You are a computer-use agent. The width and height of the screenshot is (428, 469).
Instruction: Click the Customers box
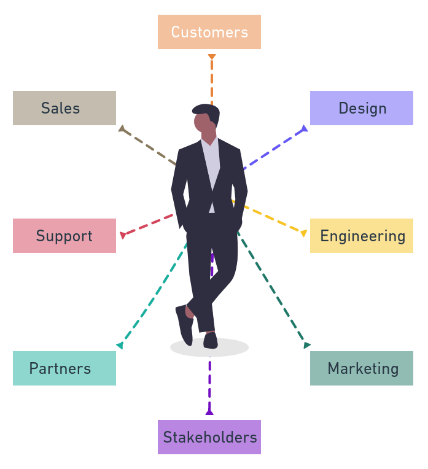[209, 32]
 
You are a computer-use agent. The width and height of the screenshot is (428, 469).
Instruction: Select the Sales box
[64, 108]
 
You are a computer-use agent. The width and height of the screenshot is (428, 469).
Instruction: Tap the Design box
[362, 108]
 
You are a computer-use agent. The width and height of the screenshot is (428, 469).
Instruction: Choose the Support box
[64, 236]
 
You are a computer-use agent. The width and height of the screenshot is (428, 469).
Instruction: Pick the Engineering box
[362, 236]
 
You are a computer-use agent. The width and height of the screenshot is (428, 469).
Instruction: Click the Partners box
[64, 368]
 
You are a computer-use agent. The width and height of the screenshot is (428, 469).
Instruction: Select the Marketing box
[362, 368]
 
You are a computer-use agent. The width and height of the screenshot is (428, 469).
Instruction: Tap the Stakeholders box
[209, 437]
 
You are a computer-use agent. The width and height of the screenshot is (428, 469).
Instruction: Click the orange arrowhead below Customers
[212, 58]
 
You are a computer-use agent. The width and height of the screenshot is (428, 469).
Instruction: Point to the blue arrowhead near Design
[303, 128]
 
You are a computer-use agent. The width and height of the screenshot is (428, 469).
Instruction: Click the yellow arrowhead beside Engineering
[303, 233]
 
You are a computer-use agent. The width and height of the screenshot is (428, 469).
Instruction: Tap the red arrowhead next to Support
[123, 234]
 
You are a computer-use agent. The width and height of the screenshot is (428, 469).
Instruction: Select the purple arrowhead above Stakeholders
[209, 412]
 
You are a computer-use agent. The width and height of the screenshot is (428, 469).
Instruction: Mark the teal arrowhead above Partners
[120, 346]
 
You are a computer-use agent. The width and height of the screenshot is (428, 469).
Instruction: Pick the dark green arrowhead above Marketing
[306, 345]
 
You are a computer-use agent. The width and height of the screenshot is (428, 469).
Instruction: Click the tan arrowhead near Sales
[122, 129]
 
